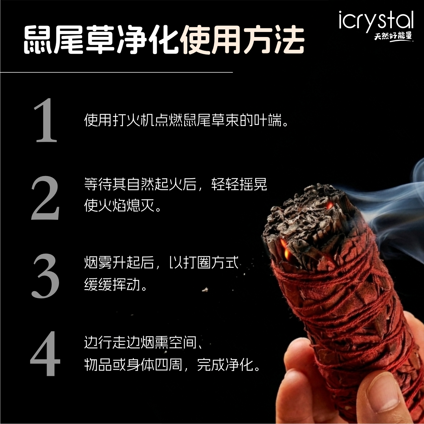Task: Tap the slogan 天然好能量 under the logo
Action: pyautogui.click(x=393, y=36)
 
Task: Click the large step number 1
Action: pyautogui.click(x=45, y=121)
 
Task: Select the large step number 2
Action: pyautogui.click(x=45, y=198)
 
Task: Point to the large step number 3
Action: pyautogui.click(x=45, y=276)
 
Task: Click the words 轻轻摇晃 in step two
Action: pyautogui.click(x=239, y=184)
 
